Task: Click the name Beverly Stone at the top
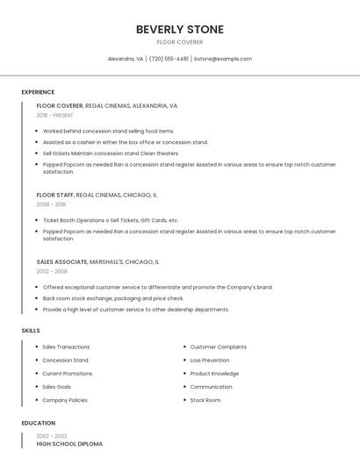179,30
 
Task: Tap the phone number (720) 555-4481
169,59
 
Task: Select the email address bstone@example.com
223,59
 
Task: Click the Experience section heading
38,92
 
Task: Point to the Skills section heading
31,330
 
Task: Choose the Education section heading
38,423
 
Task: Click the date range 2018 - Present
54,115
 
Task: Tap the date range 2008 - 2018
51,204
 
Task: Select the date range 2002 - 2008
52,271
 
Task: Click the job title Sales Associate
61,261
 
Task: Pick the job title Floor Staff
55,195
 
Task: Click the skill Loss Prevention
210,360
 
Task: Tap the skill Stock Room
205,400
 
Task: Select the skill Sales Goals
57,387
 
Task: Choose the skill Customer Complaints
219,347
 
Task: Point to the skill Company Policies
65,400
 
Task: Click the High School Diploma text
69,444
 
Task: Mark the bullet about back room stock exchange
113,298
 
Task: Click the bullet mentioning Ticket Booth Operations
111,220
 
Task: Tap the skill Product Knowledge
214,373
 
